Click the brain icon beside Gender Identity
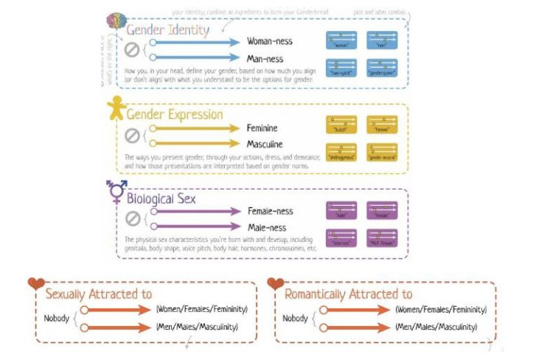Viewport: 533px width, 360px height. point(116,21)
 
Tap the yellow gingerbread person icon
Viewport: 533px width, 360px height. point(116,110)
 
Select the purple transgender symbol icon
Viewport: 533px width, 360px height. point(116,191)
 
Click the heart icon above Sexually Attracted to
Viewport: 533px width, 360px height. point(36,284)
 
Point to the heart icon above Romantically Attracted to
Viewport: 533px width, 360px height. point(276,283)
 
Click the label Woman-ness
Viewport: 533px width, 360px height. point(271,43)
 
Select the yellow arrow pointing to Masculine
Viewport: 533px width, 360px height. point(195,144)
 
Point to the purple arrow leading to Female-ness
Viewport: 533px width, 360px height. point(195,212)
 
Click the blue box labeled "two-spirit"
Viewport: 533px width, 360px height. point(341,68)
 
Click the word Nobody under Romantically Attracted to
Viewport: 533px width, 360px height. point(295,319)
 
